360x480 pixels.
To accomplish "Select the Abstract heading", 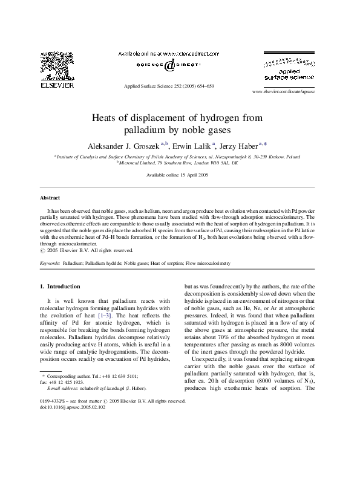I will coord(50,198).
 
